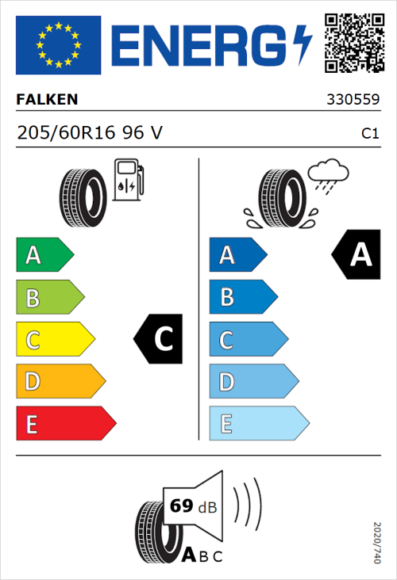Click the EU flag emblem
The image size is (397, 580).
(x=58, y=45)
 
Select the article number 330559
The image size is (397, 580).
(x=353, y=101)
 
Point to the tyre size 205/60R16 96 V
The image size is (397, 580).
(x=90, y=133)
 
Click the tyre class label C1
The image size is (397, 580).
(x=369, y=134)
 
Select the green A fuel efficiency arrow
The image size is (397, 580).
(x=44, y=255)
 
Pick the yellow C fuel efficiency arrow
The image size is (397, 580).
(x=54, y=340)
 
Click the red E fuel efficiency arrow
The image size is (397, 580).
(x=65, y=424)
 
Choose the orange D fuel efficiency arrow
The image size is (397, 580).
(x=60, y=382)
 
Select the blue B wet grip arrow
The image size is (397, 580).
(x=241, y=297)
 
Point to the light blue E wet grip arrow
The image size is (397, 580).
(x=257, y=424)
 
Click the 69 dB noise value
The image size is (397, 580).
(x=190, y=506)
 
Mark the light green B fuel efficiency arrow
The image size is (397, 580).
(x=49, y=298)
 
